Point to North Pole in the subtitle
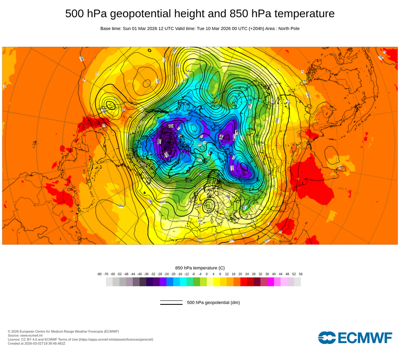pos(286,28)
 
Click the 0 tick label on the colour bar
pos(207,274)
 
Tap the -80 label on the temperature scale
pos(99,274)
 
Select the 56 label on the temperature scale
pos(301,274)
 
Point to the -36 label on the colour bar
pos(146,274)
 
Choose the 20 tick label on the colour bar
pos(240,274)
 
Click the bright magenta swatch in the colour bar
pos(271,282)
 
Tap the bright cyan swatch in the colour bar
pos(183,282)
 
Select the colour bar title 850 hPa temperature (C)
pos(200,268)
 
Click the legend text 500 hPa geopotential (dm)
pos(213,302)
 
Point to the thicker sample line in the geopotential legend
pos(171,304)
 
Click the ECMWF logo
pos(355,337)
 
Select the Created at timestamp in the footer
pos(36,343)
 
